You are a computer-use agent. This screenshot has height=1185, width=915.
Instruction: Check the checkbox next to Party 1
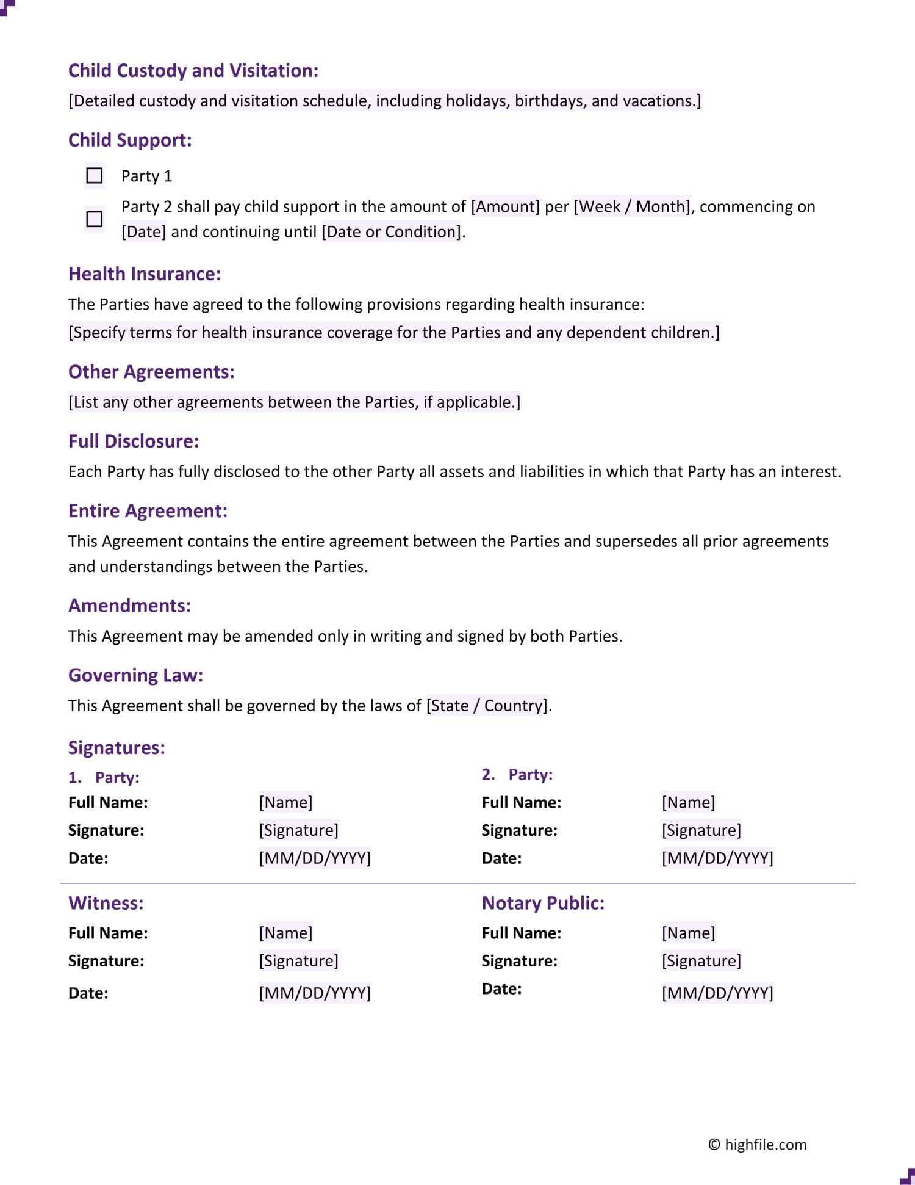pyautogui.click(x=95, y=176)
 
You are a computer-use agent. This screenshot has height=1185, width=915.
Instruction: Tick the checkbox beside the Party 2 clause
pyautogui.click(x=95, y=219)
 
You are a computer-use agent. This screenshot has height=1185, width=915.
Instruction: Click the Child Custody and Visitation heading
pyautogui.click(x=193, y=71)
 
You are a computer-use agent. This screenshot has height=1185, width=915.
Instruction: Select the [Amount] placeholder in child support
pyautogui.click(x=505, y=207)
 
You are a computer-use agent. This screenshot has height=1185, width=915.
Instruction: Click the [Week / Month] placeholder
pyautogui.click(x=632, y=207)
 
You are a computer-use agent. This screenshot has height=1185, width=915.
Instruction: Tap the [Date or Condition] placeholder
pyautogui.click(x=392, y=232)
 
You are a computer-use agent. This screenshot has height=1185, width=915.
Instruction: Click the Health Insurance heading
pyautogui.click(x=144, y=274)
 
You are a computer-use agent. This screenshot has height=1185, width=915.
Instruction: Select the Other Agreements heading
pyautogui.click(x=151, y=372)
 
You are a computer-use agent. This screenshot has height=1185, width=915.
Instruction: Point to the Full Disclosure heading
pyautogui.click(x=134, y=441)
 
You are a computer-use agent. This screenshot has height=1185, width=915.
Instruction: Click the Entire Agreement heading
pyautogui.click(x=148, y=511)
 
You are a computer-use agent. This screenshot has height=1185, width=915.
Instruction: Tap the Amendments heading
pyautogui.click(x=129, y=606)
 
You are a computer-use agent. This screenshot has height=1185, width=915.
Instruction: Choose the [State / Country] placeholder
pyautogui.click(x=487, y=706)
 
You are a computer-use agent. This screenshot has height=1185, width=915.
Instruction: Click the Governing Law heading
pyautogui.click(x=135, y=675)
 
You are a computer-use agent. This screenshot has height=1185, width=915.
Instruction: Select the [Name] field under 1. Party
pyautogui.click(x=285, y=802)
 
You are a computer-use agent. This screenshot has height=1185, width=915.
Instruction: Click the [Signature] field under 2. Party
pyautogui.click(x=701, y=830)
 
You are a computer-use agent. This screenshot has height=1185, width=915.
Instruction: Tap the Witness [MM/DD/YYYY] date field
pyautogui.click(x=314, y=993)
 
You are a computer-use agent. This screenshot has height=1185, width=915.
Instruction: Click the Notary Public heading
pyautogui.click(x=543, y=903)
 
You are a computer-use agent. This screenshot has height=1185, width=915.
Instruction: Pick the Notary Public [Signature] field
pyautogui.click(x=701, y=961)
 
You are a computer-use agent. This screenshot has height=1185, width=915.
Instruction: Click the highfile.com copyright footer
pyautogui.click(x=757, y=1145)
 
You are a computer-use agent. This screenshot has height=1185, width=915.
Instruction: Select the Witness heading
pyautogui.click(x=106, y=903)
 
